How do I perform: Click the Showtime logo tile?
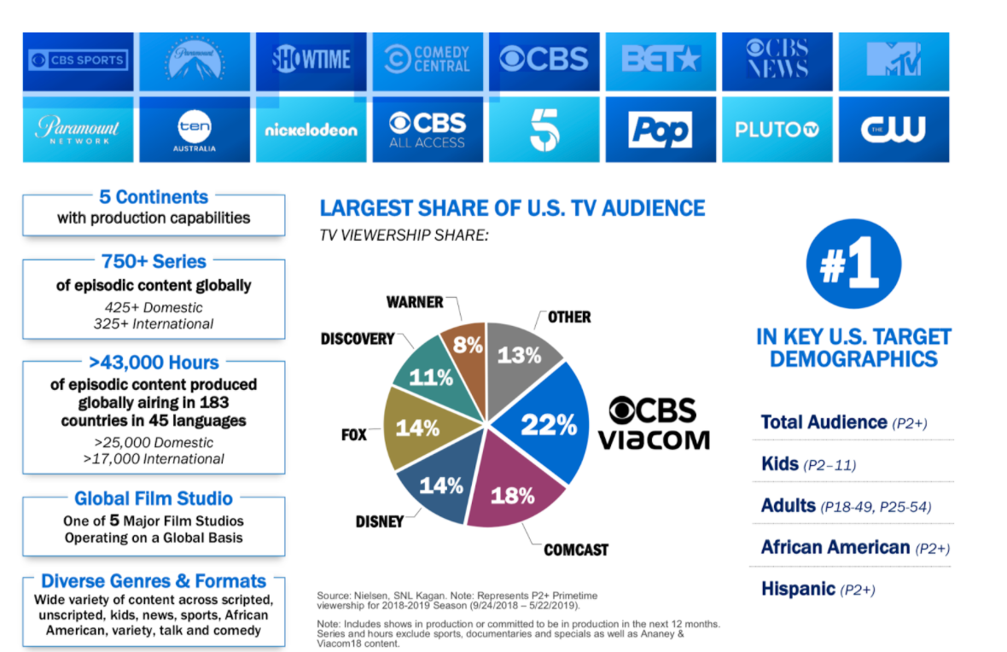[x=311, y=61]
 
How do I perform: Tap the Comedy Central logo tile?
[x=428, y=61]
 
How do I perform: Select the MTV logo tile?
[x=894, y=61]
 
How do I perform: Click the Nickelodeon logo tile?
[x=311, y=130]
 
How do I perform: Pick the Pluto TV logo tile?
[x=777, y=130]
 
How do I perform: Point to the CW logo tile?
[x=894, y=130]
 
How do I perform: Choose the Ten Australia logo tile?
[x=195, y=130]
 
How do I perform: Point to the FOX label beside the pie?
[x=354, y=435]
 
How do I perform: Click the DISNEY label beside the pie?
[x=380, y=521]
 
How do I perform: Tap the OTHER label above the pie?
[x=569, y=317]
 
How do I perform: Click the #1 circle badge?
[x=853, y=264]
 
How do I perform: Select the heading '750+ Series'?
[x=154, y=261]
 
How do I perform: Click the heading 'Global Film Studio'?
[x=154, y=498]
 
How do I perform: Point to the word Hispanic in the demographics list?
[x=798, y=589]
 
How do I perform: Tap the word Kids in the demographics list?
[x=780, y=463]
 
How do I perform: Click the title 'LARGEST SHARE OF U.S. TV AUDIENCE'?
[x=513, y=208]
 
